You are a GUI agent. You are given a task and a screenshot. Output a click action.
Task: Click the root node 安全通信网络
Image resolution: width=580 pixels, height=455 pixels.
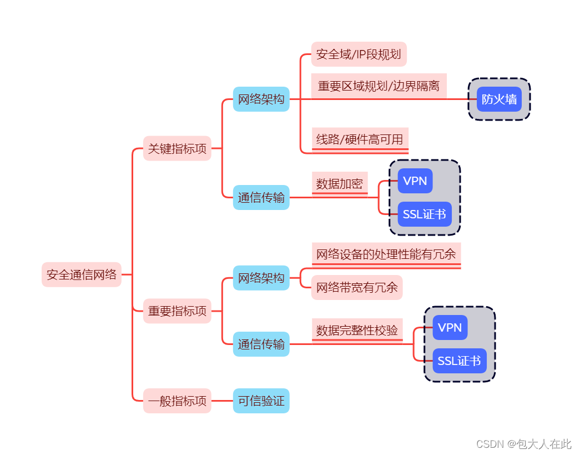(x=82, y=274)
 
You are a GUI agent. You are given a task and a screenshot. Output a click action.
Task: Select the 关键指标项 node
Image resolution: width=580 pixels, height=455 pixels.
(x=177, y=148)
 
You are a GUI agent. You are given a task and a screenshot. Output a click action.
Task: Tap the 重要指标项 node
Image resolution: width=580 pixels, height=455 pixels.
(x=177, y=311)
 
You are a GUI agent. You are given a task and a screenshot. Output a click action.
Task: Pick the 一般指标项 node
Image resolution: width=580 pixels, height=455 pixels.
(x=177, y=401)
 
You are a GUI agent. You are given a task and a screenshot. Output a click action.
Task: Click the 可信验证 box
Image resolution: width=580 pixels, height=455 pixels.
(x=261, y=401)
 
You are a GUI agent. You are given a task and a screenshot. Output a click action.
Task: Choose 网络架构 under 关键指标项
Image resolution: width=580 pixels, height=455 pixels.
(x=261, y=99)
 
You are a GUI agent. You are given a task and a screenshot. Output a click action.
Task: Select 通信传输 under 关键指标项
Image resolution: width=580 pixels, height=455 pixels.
(x=261, y=197)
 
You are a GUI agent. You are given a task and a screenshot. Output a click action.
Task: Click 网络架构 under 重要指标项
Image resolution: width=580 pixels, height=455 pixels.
(x=261, y=278)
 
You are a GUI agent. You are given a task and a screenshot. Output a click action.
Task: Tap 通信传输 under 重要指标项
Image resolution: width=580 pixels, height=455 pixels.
(x=261, y=344)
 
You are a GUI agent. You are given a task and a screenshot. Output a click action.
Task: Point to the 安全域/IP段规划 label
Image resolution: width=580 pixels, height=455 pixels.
(x=359, y=54)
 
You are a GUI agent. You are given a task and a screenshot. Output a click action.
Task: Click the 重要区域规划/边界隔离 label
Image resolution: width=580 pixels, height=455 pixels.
(x=379, y=86)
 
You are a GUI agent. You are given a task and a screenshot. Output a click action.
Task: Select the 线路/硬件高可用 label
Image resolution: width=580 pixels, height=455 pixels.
(x=360, y=139)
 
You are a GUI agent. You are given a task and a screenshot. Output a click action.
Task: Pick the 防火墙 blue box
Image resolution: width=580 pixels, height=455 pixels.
(x=499, y=99)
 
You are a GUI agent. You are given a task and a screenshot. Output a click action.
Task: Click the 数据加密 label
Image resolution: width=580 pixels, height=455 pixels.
(x=340, y=184)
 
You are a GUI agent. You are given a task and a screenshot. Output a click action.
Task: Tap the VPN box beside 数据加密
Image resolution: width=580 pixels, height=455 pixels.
(x=415, y=181)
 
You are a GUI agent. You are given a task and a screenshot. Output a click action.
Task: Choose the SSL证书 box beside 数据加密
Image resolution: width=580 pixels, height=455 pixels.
(x=425, y=214)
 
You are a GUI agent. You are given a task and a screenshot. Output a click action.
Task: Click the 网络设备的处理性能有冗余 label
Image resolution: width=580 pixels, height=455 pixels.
(x=386, y=254)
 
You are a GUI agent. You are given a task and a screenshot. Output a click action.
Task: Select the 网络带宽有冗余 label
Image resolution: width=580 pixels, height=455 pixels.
(x=357, y=287)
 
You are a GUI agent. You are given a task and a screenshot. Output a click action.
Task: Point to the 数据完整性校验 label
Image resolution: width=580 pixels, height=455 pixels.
(x=357, y=330)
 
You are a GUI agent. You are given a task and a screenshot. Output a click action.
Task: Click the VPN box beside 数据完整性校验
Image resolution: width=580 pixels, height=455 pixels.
(x=450, y=328)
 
